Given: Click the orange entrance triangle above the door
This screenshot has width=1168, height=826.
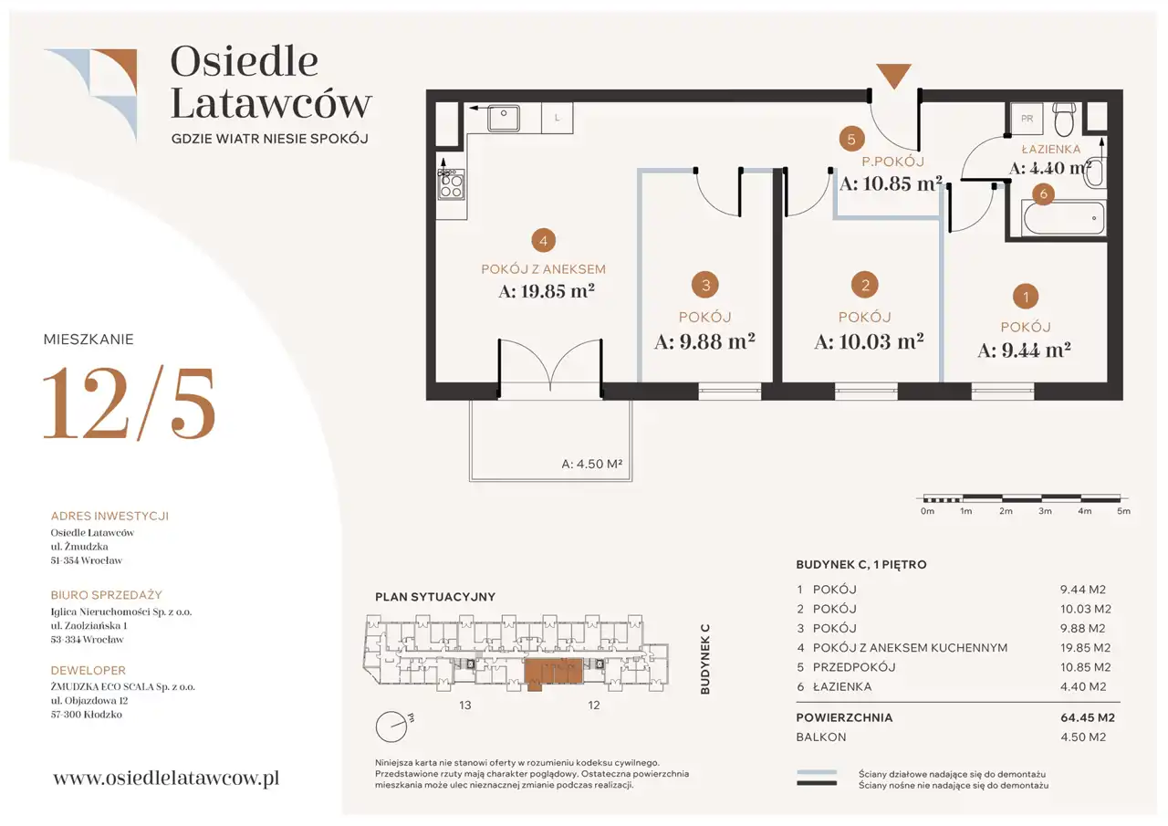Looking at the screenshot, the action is tap(893, 75).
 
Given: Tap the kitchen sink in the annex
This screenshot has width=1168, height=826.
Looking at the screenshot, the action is tap(503, 118).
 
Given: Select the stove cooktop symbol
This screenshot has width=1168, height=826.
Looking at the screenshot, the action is tap(451, 184).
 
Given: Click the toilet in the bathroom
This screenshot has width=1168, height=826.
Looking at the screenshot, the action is tap(1064, 119).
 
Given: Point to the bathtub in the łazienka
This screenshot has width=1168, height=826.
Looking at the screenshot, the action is tap(1064, 218).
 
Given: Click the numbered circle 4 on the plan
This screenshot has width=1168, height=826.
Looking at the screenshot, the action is tap(543, 240).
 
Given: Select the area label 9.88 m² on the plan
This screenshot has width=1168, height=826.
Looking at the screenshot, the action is tap(704, 341).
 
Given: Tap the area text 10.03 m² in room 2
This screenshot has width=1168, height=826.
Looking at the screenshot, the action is tap(869, 341).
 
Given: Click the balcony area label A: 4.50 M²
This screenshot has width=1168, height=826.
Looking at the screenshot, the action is tap(592, 464).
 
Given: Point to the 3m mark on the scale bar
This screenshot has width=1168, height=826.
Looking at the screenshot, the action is tap(1045, 511).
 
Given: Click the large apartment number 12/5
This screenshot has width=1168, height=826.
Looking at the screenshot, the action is tap(129, 403).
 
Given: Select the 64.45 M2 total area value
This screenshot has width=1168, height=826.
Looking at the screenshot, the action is tap(1087, 717).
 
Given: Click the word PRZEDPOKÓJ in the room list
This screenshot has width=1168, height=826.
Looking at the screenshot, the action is tap(854, 667).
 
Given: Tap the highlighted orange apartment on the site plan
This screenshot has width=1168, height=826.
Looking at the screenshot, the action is tap(553, 672).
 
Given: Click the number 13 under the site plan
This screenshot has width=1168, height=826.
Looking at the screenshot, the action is tap(465, 705).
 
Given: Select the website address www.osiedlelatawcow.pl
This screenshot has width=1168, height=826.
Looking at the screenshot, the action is tap(166, 778).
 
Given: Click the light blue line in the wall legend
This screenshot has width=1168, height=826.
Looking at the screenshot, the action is tap(817, 772).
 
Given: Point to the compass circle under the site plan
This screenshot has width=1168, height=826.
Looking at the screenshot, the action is tap(391, 727).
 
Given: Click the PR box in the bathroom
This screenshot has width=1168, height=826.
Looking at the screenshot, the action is tap(1027, 119).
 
